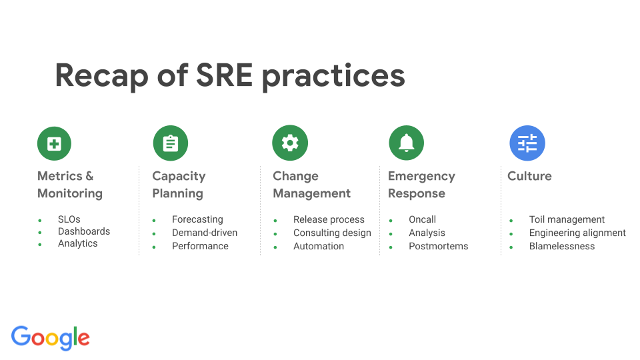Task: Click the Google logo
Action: coord(51,337)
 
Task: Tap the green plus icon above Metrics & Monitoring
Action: coord(54,143)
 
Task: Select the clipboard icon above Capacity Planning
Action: coord(171,143)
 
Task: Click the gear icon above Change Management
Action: coord(290,143)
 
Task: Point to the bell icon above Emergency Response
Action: coord(406,143)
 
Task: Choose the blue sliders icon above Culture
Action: coord(527,143)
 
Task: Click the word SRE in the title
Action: coord(224,75)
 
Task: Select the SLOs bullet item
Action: coord(69,219)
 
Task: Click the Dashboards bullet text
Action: coord(84,231)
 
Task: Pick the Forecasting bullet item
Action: coord(197,219)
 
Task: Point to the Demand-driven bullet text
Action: coord(205,233)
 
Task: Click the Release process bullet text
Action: coord(329,219)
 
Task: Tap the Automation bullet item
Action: coord(319,246)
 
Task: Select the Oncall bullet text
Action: coord(422,219)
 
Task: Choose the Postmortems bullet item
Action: coord(438,246)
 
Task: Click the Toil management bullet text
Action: coord(567,219)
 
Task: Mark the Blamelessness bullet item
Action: coord(562,246)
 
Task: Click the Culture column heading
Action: coord(529,176)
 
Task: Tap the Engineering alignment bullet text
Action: coord(577,233)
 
